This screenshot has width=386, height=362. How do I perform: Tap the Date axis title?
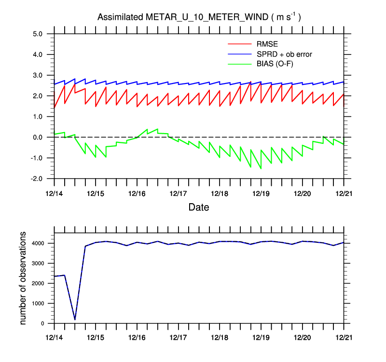[x=199, y=208]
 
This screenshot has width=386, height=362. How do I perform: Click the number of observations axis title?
[x=23, y=278]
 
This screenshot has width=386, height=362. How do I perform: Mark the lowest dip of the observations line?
[x=75, y=320]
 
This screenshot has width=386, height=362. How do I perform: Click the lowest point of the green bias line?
[x=261, y=168]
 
